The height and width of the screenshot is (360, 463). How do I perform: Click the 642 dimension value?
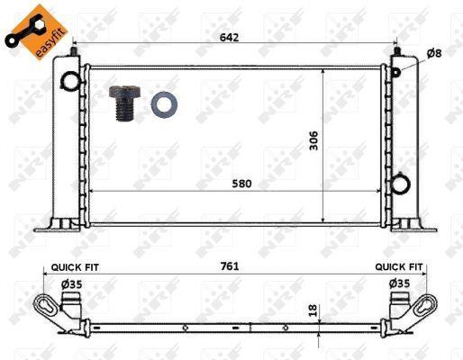coord(230,38)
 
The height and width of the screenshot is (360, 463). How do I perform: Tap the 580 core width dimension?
coord(241,184)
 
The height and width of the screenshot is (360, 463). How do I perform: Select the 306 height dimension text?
coord(313,140)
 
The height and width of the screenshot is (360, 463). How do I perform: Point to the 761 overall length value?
coord(230,266)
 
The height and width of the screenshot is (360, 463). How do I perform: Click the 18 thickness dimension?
coord(313,310)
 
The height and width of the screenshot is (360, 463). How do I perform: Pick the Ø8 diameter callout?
coord(434,53)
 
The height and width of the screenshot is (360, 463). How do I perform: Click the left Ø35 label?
coord(71,284)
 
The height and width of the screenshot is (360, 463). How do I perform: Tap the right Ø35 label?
coord(400,283)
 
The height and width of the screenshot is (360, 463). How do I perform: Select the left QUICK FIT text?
coord(75,267)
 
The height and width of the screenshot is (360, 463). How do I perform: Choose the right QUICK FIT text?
coord(399,266)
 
